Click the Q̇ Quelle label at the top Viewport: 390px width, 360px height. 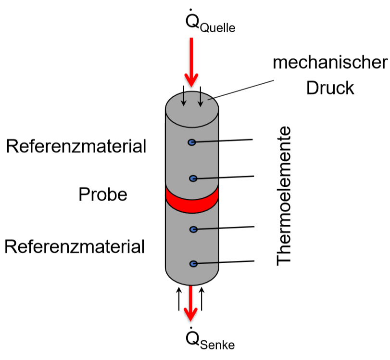209,22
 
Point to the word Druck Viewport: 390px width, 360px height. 330,88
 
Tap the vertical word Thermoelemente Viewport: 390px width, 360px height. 285,195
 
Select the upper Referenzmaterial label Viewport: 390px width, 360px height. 76,146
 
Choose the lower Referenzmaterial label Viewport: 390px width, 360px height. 75,247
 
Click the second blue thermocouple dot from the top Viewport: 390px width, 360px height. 193,179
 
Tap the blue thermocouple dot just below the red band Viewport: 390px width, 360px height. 193,230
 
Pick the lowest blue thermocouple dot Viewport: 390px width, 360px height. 193,264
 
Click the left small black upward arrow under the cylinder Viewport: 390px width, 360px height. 179,298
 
